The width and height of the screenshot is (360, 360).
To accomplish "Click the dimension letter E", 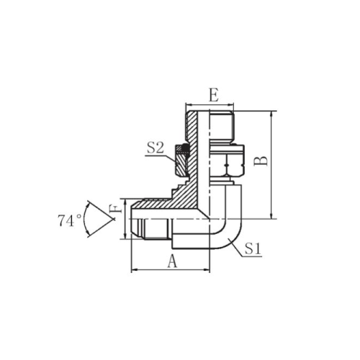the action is click(x=214, y=95).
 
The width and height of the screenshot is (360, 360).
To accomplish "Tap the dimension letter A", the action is click(x=172, y=261).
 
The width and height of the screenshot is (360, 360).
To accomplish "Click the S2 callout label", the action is click(x=156, y=148).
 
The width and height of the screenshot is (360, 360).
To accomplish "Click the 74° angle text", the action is click(x=69, y=220).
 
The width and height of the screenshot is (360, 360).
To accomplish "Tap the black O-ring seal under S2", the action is click(x=185, y=148).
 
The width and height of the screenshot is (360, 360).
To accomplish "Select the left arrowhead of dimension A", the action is click(x=133, y=270).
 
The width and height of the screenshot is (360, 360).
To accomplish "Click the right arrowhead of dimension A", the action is click(x=207, y=270).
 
